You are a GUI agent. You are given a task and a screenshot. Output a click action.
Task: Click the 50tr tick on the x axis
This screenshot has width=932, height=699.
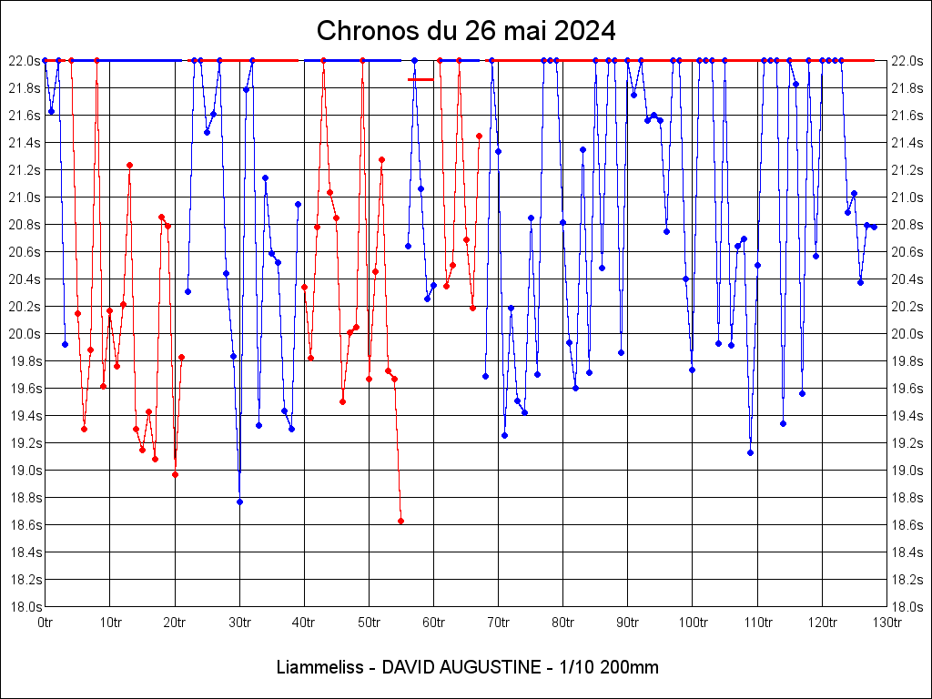pos(369,623)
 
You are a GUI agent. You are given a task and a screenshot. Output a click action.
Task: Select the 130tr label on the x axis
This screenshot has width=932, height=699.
pos(887,623)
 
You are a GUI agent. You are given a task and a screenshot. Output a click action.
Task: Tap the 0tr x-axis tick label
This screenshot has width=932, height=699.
pos(45,623)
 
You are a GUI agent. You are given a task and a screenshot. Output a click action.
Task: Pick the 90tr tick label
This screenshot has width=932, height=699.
pos(628,623)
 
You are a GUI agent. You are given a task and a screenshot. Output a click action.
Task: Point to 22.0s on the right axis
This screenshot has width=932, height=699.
pos(907,60)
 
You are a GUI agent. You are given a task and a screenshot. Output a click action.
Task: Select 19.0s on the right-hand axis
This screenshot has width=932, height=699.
pos(907,471)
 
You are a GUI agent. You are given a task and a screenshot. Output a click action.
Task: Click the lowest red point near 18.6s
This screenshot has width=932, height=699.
pos(400,521)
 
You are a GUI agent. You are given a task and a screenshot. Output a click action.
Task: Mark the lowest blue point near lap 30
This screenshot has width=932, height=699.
pos(239,501)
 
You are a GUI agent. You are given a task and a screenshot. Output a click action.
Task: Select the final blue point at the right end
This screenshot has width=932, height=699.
pos(874,227)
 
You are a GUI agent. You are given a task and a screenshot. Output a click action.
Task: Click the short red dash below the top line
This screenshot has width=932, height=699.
pos(420,79)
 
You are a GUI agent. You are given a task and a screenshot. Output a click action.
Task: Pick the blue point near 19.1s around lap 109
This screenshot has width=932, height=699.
pos(750,452)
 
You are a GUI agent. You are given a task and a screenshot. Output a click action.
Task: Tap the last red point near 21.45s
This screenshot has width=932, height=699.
pos(479,136)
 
